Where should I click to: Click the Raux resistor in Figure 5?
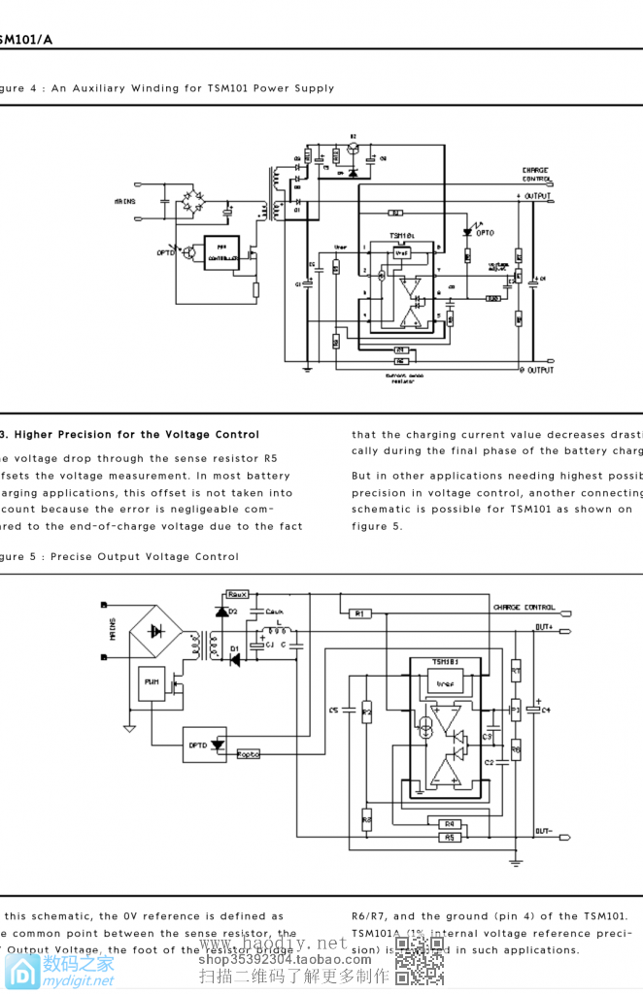[237, 593]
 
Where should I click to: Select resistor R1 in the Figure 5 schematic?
[357, 613]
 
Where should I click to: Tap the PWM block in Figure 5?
[152, 683]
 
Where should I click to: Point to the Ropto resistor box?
[249, 754]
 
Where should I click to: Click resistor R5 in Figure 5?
[449, 837]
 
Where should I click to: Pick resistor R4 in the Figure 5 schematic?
[449, 823]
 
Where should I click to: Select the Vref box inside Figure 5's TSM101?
[446, 683]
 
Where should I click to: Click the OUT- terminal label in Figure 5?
[544, 832]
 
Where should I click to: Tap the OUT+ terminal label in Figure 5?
[544, 627]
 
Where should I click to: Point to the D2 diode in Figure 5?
[223, 612]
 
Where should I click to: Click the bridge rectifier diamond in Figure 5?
[155, 631]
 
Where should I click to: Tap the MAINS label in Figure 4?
[123, 201]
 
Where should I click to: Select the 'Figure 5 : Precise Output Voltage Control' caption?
[119, 557]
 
